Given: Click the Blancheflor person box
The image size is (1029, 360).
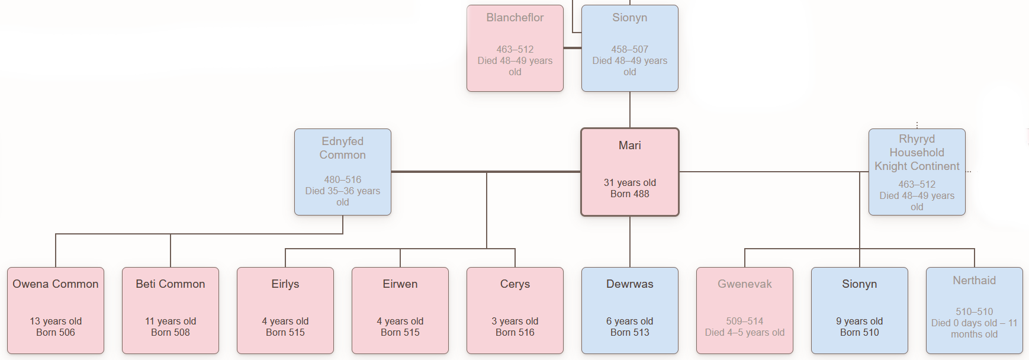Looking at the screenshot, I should click(x=514, y=48).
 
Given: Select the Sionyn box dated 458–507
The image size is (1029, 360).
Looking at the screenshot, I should click(x=629, y=48).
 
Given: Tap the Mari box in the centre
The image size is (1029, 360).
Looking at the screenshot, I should click(x=629, y=172).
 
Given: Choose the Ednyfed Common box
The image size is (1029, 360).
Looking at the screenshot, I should click(x=342, y=172).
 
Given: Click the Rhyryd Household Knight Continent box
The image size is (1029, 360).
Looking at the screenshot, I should click(x=917, y=172).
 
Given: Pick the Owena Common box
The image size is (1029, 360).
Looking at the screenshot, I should click(x=56, y=310).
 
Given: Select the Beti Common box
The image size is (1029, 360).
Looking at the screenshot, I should click(x=171, y=310).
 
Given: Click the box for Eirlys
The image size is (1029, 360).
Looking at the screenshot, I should click(x=285, y=310).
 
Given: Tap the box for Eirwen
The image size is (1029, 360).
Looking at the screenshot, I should click(x=400, y=310).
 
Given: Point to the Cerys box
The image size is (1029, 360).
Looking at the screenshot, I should click(x=515, y=310).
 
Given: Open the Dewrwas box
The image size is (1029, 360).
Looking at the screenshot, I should click(x=629, y=310).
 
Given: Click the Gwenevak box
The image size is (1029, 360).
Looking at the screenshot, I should click(x=744, y=310).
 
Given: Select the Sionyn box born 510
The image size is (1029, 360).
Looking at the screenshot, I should click(x=859, y=310).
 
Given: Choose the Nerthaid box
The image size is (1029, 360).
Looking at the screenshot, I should click(x=974, y=310).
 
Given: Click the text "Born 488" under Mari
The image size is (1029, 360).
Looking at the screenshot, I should click(x=629, y=194).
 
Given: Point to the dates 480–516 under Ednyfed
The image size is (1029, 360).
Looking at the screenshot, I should click(x=342, y=179).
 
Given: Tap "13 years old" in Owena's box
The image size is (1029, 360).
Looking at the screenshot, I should click(x=56, y=321).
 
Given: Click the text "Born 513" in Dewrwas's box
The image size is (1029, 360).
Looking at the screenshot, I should click(x=629, y=333).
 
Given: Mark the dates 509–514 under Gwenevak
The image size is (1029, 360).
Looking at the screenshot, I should click(x=744, y=321).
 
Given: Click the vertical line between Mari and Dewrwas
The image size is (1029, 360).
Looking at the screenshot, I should click(x=629, y=242).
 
